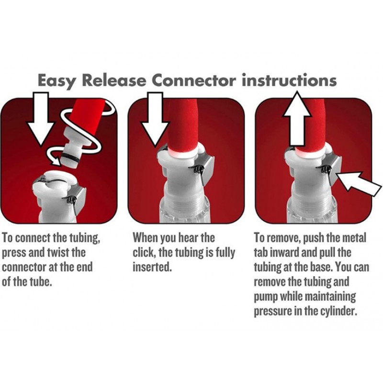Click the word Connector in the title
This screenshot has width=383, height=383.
point(194,80)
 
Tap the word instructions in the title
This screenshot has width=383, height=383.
point(289,80)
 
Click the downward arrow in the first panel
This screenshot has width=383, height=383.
point(40,119)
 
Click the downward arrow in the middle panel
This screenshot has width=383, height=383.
point(155,119)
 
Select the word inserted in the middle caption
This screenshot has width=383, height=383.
point(151,267)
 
